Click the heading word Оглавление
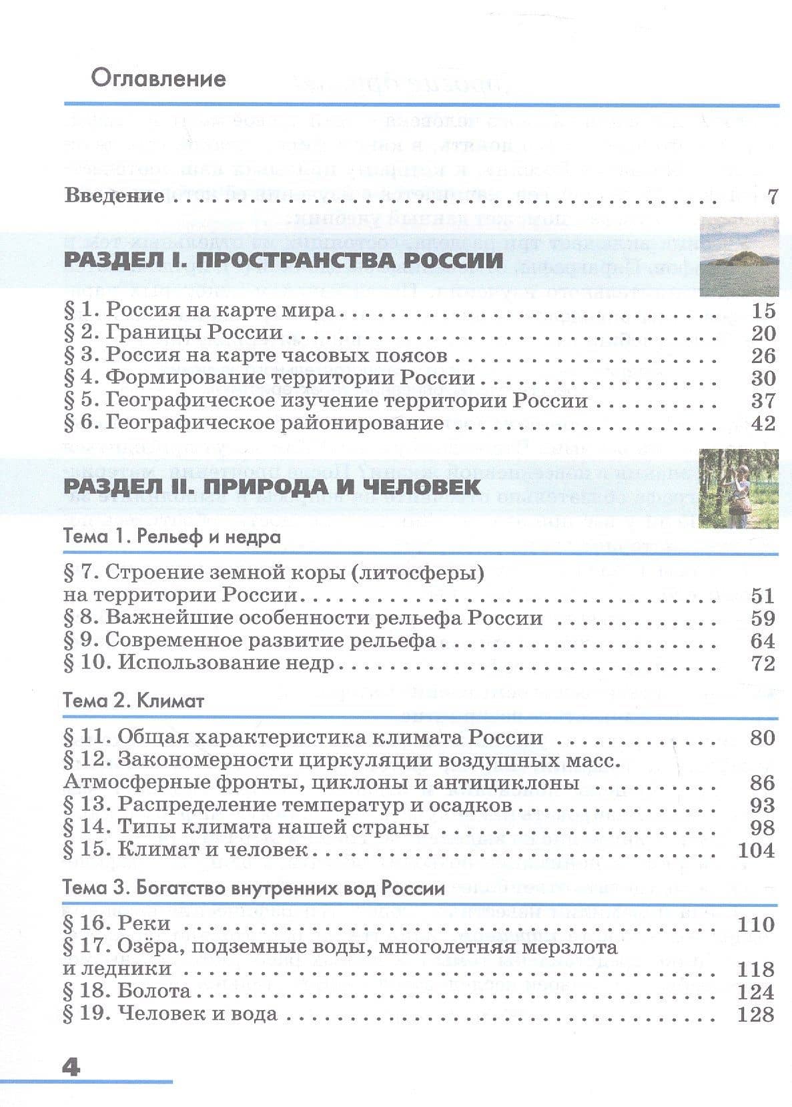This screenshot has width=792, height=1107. point(159,79)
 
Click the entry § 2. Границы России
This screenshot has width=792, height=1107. point(173,333)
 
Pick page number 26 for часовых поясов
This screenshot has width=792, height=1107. point(763,355)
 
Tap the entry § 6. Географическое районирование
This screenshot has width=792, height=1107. point(254,423)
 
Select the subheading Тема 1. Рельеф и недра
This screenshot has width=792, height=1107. point(172,536)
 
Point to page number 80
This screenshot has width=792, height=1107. point(763,738)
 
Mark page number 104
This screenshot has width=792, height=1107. point(757,850)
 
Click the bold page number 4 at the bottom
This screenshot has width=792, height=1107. point(71,1067)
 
